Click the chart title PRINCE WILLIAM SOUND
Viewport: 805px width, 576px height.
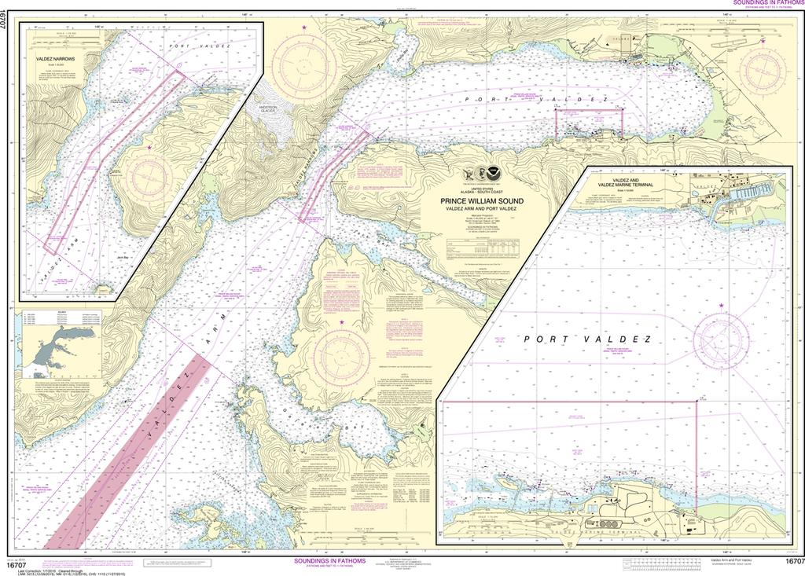(x=482, y=200)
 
